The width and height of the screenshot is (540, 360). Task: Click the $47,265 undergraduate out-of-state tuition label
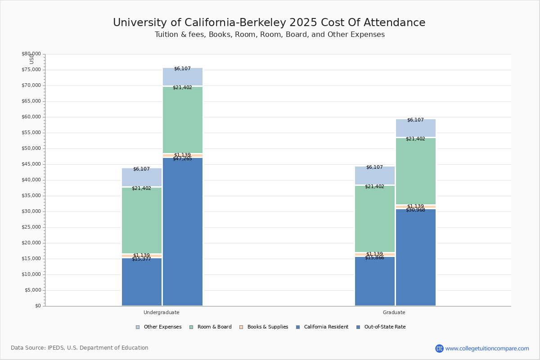(x=182, y=159)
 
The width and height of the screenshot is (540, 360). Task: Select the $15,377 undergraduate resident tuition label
(x=141, y=259)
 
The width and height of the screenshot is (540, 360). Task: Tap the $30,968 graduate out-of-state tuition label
(x=415, y=210)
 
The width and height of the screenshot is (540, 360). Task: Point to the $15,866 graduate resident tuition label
(x=374, y=258)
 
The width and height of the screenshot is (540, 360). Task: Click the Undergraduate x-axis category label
(x=162, y=312)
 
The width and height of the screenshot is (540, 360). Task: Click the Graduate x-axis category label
(x=394, y=312)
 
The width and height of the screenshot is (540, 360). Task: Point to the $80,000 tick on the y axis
(x=31, y=54)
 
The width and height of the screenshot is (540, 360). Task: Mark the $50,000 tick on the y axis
(x=31, y=148)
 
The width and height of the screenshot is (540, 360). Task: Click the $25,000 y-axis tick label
(x=31, y=227)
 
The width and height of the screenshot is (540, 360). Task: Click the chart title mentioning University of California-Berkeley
(x=269, y=23)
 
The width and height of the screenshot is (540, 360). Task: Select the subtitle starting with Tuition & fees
(x=270, y=35)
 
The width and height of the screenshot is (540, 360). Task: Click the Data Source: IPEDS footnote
(x=80, y=348)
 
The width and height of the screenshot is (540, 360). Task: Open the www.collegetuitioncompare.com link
(x=487, y=348)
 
